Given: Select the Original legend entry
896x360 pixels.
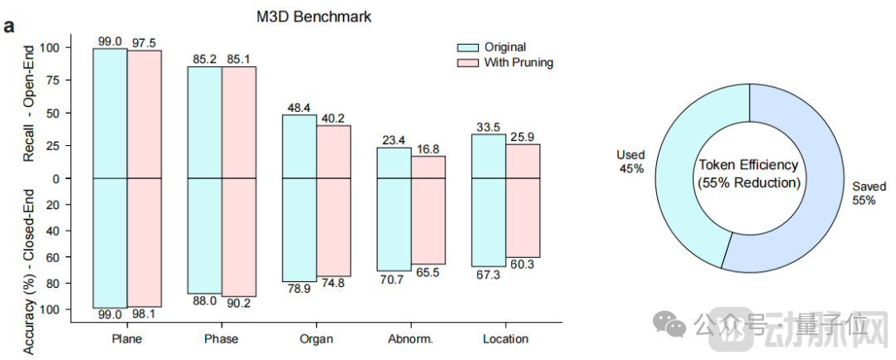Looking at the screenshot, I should click(504, 47).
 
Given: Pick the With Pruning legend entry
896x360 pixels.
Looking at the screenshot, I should click(518, 62).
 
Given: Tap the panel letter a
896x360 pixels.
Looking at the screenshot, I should click(10, 25).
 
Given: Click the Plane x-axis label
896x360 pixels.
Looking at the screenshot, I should click(127, 338).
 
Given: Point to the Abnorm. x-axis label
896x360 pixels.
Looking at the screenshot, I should click(411, 338).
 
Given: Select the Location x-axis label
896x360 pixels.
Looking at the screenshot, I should click(505, 338).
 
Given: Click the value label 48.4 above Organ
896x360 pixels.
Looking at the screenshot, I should click(299, 108).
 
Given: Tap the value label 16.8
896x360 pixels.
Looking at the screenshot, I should click(429, 149).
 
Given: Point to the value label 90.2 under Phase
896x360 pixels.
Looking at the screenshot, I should click(240, 303).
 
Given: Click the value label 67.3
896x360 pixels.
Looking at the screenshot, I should click(488, 274).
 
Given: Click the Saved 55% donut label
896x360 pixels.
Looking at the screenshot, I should click(863, 193).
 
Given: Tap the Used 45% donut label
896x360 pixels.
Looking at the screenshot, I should click(631, 162).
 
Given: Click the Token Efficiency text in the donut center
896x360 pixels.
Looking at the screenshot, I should click(749, 165).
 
